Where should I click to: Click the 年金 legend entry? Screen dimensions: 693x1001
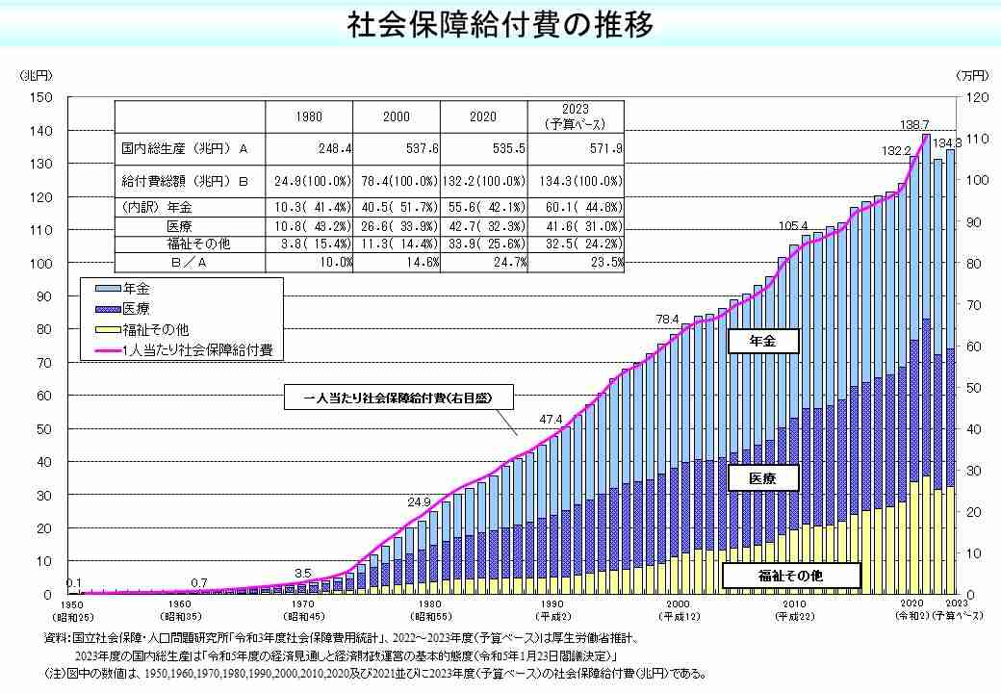coord(137,288)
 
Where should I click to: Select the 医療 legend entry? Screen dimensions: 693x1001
coord(137,308)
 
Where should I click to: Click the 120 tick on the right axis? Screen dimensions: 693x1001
coord(976,96)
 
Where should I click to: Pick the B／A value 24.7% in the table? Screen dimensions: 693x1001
coord(509,262)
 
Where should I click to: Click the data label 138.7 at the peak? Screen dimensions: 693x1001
coord(914,125)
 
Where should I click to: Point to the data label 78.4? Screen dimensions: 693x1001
coord(667,319)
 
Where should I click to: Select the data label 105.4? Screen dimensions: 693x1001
coord(792,226)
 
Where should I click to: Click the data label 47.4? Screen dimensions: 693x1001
coord(551,419)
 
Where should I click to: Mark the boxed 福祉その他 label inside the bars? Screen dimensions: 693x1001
coord(789,576)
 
